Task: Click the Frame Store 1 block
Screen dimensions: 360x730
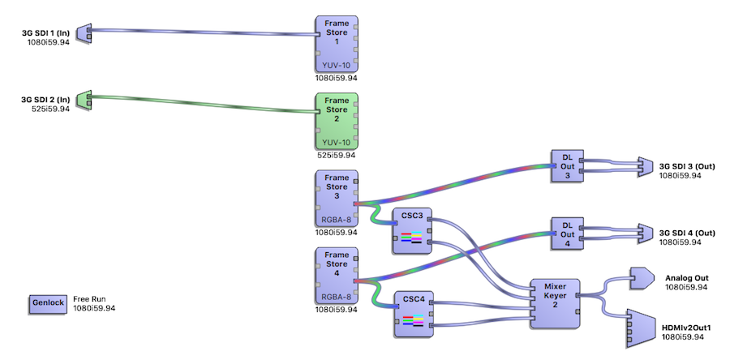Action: coord(336,44)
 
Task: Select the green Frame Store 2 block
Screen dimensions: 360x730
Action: coord(336,121)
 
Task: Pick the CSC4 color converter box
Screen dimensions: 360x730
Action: coord(411,311)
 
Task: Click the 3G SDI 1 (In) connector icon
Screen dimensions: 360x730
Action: coord(84,32)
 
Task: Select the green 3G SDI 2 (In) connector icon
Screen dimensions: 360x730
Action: coord(84,100)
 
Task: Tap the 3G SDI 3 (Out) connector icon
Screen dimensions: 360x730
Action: coord(646,165)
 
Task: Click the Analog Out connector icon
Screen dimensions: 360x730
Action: coord(641,278)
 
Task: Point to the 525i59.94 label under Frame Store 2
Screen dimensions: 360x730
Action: coord(336,155)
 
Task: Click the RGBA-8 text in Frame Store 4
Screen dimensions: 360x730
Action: coord(336,297)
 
